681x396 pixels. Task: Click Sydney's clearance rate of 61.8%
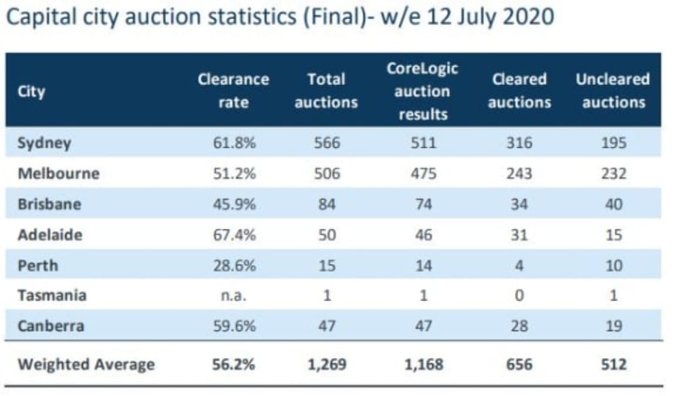233,143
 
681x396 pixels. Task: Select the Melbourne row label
59,174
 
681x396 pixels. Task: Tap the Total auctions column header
326,91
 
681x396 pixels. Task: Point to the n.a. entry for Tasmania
233,296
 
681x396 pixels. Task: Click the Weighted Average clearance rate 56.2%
233,364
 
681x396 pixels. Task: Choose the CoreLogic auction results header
422,91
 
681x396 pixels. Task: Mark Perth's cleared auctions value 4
519,266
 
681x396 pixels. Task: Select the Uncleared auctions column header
613,91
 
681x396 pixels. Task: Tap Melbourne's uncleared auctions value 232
613,174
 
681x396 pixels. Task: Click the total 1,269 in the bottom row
326,364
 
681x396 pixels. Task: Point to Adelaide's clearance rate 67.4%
233,235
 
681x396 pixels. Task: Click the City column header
31,92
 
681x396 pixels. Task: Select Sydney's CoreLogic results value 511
422,143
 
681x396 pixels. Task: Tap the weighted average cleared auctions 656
519,364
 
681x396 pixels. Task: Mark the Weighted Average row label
86,364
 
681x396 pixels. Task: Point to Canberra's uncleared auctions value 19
613,326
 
